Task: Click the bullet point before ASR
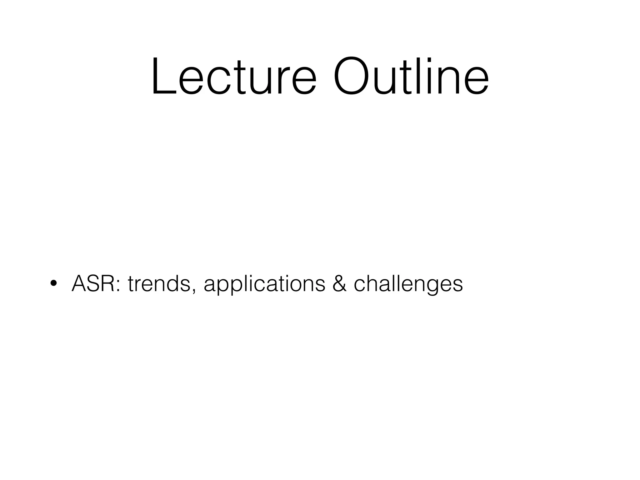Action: pos(53,283)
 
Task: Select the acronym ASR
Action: pos(93,283)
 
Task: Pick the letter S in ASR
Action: pos(94,283)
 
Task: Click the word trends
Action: pos(159,284)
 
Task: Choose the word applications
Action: pos(264,284)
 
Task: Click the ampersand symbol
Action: pos(339,283)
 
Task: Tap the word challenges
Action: pos(408,284)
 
